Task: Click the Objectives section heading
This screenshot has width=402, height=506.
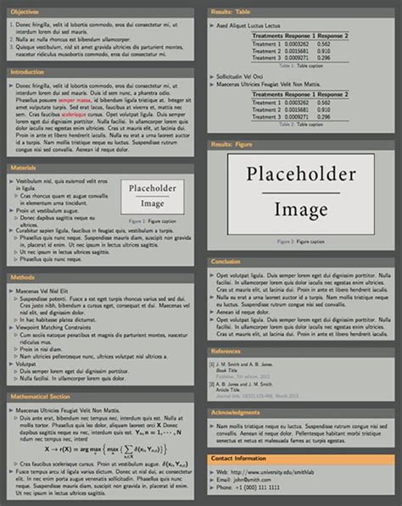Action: tap(25, 12)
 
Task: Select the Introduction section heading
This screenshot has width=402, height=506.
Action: tap(27, 73)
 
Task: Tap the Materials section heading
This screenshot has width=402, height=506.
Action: tap(23, 169)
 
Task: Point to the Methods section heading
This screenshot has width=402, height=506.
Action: tap(22, 277)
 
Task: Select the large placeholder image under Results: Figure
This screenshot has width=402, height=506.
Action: tap(301, 194)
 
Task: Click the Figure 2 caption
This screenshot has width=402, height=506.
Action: tap(301, 242)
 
